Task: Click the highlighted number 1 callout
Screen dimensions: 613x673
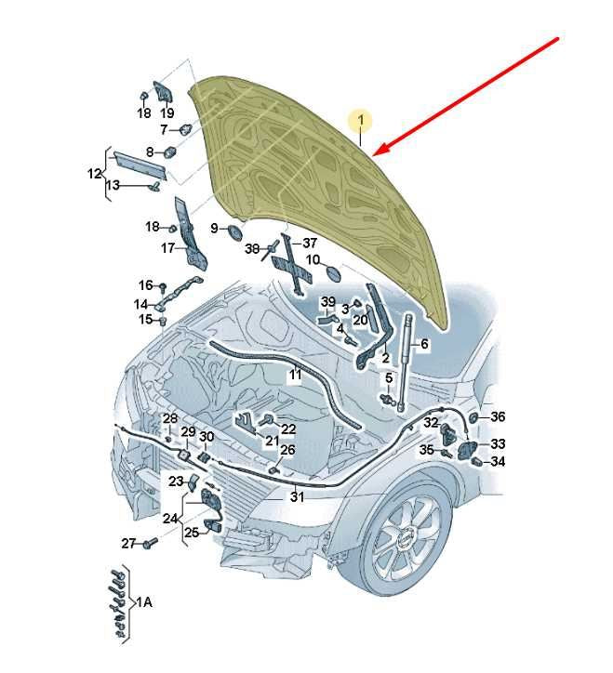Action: click(x=361, y=121)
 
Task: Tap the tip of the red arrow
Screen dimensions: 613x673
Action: click(x=373, y=155)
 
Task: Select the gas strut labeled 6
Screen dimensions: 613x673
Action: click(x=404, y=362)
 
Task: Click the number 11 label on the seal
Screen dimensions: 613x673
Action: click(x=295, y=375)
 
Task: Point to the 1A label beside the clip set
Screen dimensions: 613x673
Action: click(x=145, y=602)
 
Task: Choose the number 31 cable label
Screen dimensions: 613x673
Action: click(x=297, y=496)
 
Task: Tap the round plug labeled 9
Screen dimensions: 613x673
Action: click(x=234, y=232)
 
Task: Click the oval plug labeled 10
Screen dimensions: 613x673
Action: click(x=334, y=272)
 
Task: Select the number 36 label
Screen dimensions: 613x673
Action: click(x=498, y=416)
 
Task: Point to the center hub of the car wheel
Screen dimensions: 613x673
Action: click(x=405, y=541)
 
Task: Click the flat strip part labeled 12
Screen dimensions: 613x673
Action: click(x=140, y=165)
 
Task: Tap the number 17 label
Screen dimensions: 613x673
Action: click(x=168, y=247)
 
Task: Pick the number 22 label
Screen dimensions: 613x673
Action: click(x=288, y=429)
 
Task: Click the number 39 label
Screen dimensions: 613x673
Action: click(x=328, y=302)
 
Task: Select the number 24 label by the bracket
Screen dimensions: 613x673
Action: click(x=169, y=519)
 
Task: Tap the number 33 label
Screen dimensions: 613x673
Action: click(x=498, y=443)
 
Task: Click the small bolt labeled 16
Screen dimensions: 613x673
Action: click(x=163, y=287)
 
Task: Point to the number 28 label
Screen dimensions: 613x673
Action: click(x=169, y=418)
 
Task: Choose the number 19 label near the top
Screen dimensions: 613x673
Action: click(x=167, y=112)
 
